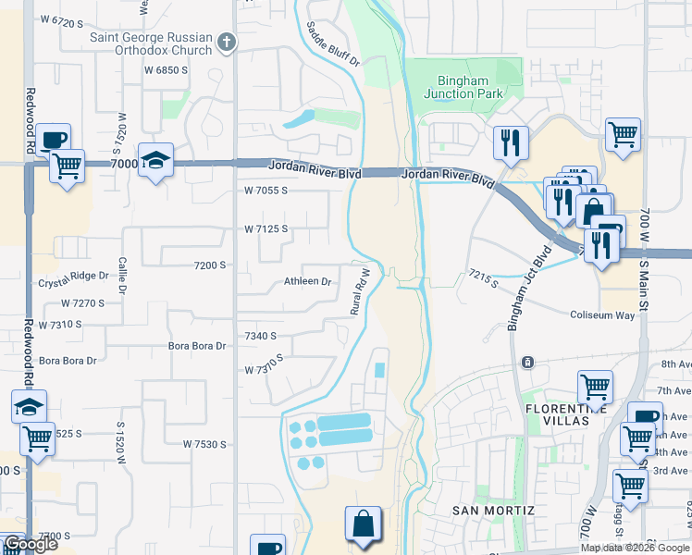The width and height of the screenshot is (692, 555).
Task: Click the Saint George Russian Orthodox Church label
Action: click(150, 43)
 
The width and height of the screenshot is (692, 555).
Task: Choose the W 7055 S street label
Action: click(266, 191)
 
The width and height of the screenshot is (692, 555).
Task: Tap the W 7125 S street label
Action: click(266, 228)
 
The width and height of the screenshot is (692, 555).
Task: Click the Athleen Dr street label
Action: click(307, 281)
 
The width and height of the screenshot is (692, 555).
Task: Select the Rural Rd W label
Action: click(360, 292)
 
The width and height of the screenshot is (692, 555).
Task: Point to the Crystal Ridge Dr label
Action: click(73, 276)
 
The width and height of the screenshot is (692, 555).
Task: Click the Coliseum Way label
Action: click(602, 315)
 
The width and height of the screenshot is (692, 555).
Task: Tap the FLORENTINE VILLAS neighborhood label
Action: click(565, 414)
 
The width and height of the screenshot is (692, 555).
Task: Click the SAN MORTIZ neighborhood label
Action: click(492, 511)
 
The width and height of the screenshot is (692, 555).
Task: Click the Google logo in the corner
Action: click(31, 544)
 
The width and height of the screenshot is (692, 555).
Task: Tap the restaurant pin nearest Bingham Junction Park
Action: click(510, 142)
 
